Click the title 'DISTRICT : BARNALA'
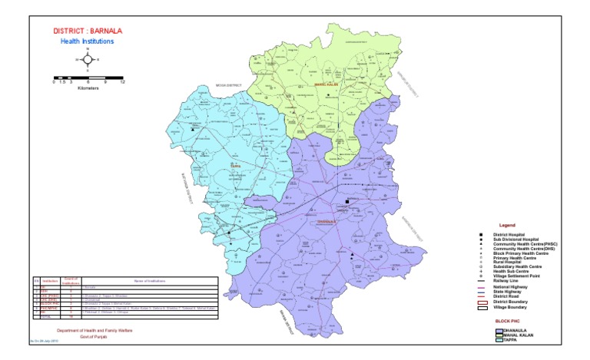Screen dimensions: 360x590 [87, 31]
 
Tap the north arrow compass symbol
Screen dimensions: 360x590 [88, 59]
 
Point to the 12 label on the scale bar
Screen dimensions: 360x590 [123, 81]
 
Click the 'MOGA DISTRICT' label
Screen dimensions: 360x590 [228, 85]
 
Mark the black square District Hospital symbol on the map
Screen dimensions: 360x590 [347, 203]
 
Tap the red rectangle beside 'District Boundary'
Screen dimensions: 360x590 [482, 302]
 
